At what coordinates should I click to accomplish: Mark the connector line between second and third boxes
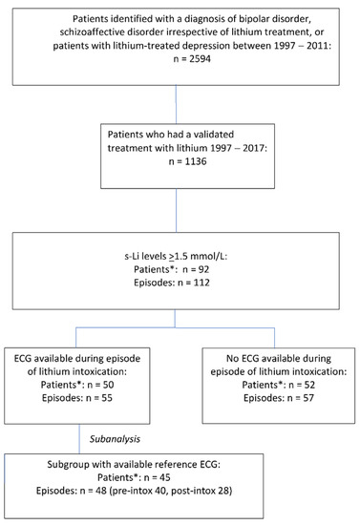pos(180,209)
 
